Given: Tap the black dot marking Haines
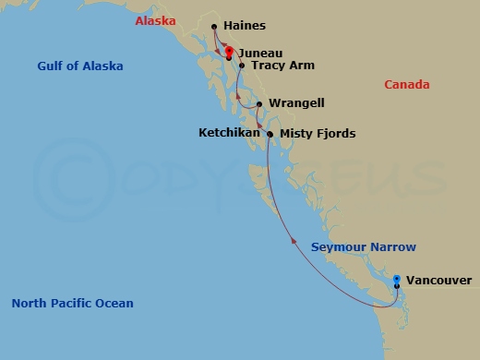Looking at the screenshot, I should coord(214,27).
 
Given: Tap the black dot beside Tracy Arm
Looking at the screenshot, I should coord(242,66).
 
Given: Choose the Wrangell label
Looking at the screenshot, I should coord(295,103).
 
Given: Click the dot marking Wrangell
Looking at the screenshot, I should coord(259,103).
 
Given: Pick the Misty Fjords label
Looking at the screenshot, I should coord(317,134).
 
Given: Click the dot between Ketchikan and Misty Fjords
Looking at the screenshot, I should coord(270,135).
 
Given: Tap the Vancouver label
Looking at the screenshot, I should coord(438,281).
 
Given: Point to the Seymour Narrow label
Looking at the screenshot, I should coord(363,247).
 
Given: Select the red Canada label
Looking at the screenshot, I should coord(406,85).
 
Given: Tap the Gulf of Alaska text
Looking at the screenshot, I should coord(80,66).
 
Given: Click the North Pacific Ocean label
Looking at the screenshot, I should coord(72,303).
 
